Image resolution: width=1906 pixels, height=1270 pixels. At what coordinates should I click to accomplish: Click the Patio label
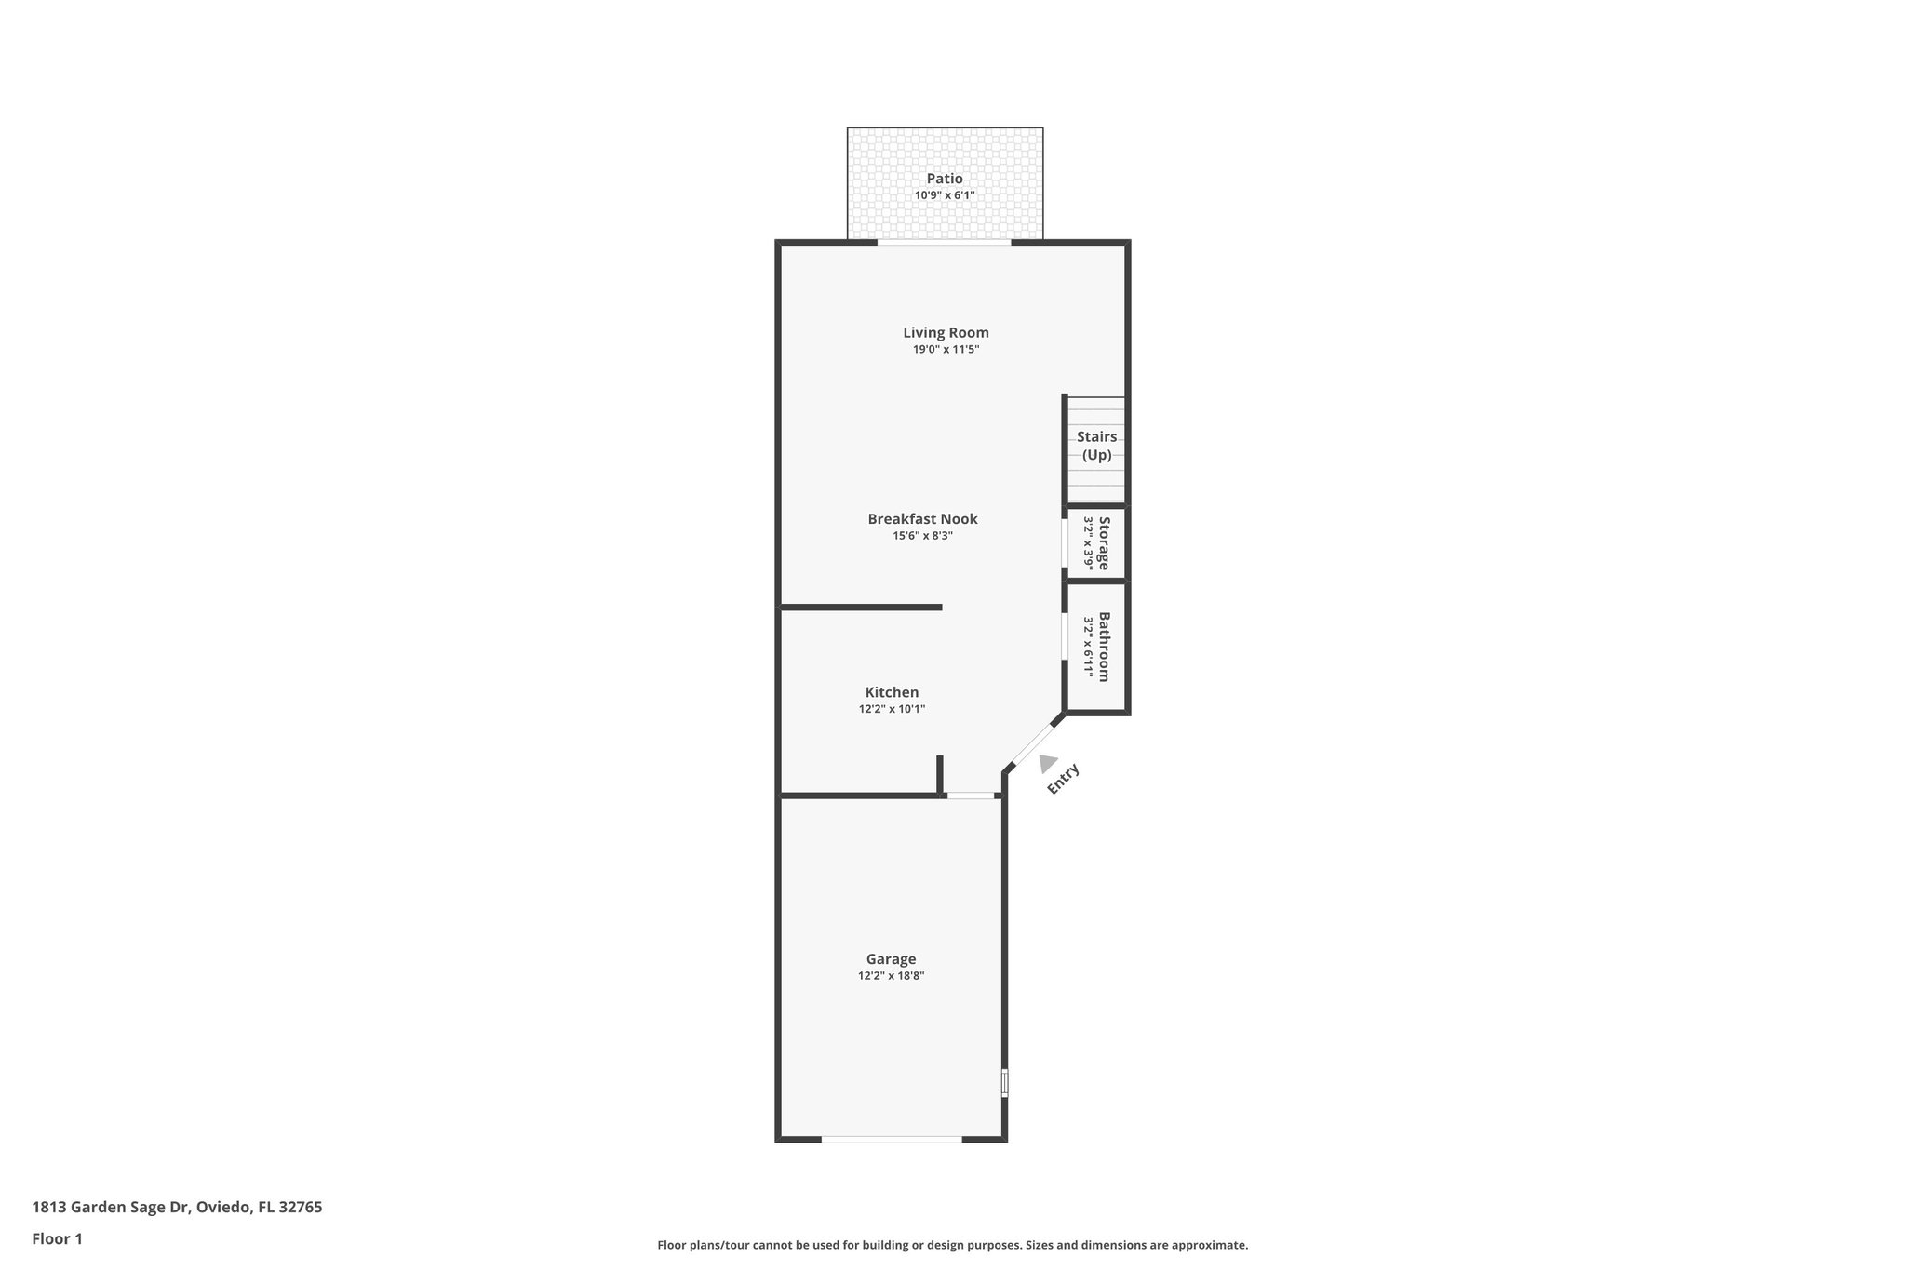[x=945, y=179]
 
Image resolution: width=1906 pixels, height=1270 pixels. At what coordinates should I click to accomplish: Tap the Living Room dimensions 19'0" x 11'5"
[x=946, y=350]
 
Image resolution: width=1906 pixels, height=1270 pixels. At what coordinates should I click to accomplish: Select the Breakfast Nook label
[x=922, y=519]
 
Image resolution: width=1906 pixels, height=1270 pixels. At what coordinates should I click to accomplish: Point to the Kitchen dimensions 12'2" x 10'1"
[x=892, y=709]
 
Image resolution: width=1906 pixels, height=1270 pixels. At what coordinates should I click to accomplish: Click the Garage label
[x=891, y=959]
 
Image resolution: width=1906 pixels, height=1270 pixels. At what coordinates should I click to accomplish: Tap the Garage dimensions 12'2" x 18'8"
[x=891, y=976]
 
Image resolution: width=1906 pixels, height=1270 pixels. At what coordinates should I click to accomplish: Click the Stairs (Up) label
[x=1096, y=446]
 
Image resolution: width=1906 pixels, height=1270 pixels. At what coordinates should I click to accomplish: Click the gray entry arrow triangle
[x=1047, y=763]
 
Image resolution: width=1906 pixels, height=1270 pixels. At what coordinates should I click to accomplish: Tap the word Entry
[x=1063, y=779]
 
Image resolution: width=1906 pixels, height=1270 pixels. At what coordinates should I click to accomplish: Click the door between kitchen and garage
[x=971, y=795]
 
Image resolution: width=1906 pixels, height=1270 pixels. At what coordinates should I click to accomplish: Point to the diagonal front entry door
[x=1034, y=742]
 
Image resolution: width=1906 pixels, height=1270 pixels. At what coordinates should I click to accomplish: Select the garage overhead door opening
[x=892, y=1139]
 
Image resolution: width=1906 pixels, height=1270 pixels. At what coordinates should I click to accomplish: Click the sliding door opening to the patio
[x=944, y=243]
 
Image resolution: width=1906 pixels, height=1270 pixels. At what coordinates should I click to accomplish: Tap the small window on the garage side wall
[x=1005, y=1083]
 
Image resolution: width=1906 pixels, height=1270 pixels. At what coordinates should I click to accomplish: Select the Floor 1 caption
[x=58, y=1239]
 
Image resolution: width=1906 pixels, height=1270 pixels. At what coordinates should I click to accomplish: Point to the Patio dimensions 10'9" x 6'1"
[x=945, y=195]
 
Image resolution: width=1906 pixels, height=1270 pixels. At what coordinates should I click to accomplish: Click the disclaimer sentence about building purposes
[x=952, y=1245]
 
